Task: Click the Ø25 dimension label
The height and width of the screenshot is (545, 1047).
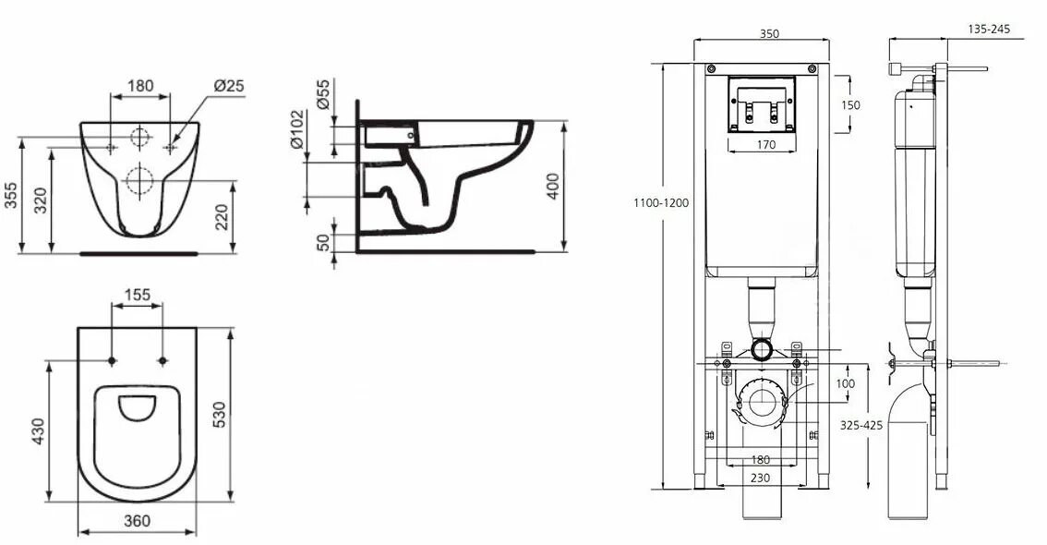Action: click(x=229, y=86)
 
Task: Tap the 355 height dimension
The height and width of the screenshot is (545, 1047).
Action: click(x=11, y=195)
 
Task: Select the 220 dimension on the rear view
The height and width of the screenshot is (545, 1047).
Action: click(x=222, y=217)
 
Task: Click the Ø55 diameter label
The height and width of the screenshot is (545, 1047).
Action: click(x=322, y=94)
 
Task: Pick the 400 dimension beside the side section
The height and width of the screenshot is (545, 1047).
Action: click(x=553, y=187)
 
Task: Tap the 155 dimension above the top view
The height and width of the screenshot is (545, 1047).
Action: click(x=138, y=296)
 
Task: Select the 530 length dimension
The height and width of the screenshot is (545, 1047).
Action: click(x=219, y=414)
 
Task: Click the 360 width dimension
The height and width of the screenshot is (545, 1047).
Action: click(x=138, y=521)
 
